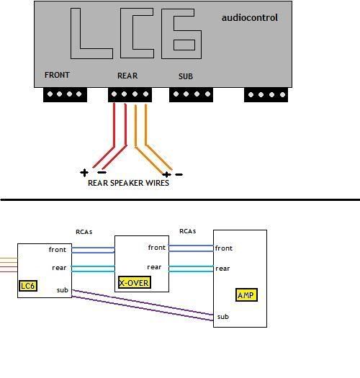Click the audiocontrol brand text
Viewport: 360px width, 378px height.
tap(250, 18)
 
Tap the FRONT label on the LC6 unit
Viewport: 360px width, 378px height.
tap(57, 75)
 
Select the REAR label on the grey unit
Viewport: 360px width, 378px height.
tap(127, 76)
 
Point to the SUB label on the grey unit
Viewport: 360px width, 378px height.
tap(186, 76)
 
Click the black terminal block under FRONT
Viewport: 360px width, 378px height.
tap(65, 95)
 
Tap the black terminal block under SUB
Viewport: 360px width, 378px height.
tap(191, 95)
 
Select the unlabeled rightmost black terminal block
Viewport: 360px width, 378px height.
tap(266, 95)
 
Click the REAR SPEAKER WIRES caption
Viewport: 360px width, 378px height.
tap(128, 183)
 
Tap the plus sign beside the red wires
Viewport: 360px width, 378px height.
tap(84, 173)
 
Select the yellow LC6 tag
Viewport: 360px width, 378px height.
tap(28, 286)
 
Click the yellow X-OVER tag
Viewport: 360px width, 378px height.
tap(135, 282)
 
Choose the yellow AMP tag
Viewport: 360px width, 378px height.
tap(246, 294)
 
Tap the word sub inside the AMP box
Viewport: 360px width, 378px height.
tap(222, 317)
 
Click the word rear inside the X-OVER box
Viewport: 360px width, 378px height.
tap(154, 267)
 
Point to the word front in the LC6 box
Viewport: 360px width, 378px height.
tap(58, 250)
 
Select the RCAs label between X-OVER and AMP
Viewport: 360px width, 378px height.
tap(188, 231)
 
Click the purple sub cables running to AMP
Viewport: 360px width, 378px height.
tap(143, 305)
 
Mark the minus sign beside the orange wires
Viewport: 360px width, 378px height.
tap(179, 174)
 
